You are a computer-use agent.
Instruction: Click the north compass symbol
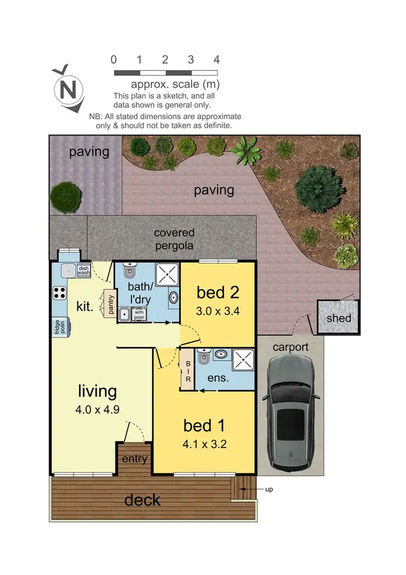(x=67, y=88)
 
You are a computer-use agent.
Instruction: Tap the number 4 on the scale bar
(x=217, y=60)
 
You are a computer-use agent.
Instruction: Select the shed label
(x=338, y=318)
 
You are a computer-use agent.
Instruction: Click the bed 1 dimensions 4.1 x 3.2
(x=205, y=444)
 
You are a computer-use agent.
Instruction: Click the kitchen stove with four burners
(x=59, y=293)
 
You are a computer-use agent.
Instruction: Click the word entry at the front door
(x=134, y=459)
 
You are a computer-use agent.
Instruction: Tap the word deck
(x=142, y=500)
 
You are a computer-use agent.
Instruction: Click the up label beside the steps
(x=269, y=489)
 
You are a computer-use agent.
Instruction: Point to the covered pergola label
(x=174, y=238)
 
